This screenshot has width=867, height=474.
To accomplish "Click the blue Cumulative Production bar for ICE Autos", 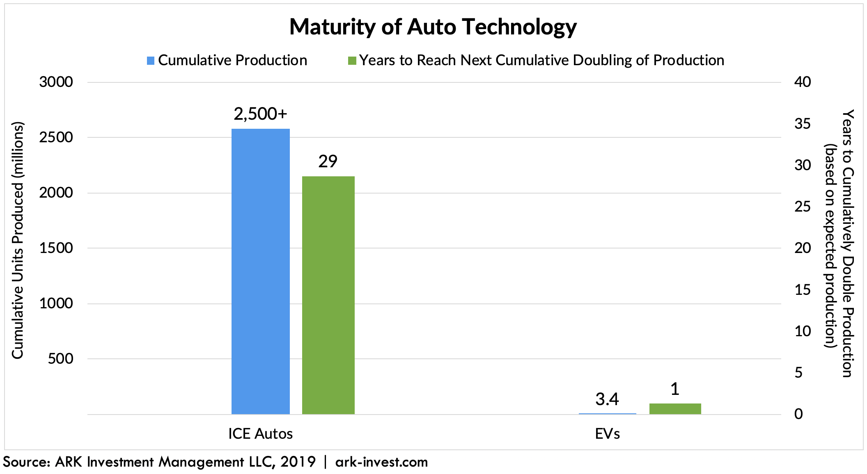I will coord(260,271).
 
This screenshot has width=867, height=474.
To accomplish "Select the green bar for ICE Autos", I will coord(328,295).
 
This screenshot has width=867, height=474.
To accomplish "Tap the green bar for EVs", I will coord(675,409).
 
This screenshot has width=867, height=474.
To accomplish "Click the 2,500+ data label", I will coord(260,114).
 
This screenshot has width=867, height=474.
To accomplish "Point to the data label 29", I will coord(328,162).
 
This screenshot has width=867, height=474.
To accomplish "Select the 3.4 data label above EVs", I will coord(607,399).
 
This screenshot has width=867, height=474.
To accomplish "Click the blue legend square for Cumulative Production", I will coord(151,61).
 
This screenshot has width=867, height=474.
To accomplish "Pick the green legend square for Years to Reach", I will coord(352,61).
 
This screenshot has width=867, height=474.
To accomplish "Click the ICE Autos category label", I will coord(260,434).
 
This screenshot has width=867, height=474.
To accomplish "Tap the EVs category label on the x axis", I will coord(607,434).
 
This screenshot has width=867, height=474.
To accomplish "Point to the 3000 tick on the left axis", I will coord(56,82).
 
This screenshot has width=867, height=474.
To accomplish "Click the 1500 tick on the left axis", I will coord(56,248).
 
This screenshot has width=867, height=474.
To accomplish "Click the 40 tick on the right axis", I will coord(803,82).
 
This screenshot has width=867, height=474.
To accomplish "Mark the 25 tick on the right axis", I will coord(803,207).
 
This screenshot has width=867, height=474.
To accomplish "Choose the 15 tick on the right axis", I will coord(803,290).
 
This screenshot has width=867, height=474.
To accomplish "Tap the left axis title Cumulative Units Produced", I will coord(17,241).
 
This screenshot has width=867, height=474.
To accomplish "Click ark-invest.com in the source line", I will coord(381,462).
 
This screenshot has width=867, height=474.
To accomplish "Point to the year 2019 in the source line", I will coord(298,462).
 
